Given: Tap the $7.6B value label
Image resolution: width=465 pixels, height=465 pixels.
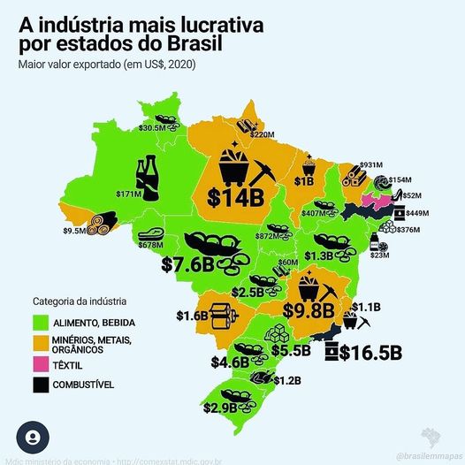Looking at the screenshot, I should click(x=188, y=264).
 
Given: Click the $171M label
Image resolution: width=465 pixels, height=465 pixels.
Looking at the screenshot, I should click(x=129, y=193).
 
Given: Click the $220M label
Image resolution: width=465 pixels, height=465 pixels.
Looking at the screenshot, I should click(x=263, y=135).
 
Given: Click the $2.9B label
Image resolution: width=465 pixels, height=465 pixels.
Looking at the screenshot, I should click(x=221, y=408).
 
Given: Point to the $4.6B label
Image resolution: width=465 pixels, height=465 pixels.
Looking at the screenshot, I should click(x=229, y=362).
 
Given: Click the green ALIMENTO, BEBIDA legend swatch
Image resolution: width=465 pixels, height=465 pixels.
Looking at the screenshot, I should click(x=40, y=321).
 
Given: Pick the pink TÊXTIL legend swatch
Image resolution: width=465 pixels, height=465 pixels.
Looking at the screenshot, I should click(x=40, y=363).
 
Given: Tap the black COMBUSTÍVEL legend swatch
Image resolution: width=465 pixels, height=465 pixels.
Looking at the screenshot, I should click(x=40, y=385).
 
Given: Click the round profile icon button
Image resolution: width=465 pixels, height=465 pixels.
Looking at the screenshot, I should click(x=33, y=438).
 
